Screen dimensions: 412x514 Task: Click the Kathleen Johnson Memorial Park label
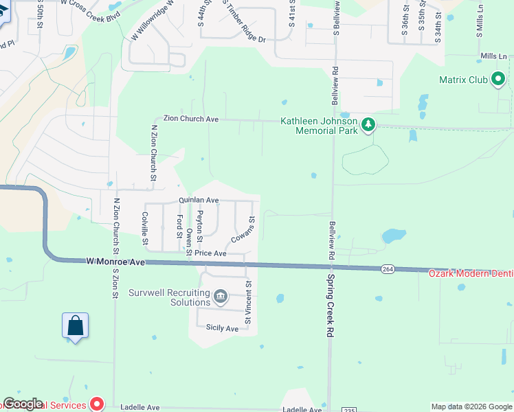[x=319, y=126]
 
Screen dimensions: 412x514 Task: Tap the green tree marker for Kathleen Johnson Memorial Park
[x=369, y=124]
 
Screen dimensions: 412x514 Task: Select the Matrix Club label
[x=463, y=80]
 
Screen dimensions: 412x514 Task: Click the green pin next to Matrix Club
[x=498, y=80]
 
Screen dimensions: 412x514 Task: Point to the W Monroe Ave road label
[x=116, y=262]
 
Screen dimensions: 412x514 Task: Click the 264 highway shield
[x=389, y=269]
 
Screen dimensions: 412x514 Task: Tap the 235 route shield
[x=350, y=409]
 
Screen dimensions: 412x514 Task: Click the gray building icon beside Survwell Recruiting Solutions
[x=221, y=297]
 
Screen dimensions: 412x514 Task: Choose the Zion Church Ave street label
[x=190, y=119]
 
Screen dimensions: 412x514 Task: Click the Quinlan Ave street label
[x=199, y=201]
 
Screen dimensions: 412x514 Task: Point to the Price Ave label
[x=210, y=253]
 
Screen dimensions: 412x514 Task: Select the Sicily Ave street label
[x=222, y=328]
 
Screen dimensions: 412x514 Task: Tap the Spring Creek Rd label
[x=329, y=306]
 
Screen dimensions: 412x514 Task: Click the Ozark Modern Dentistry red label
[x=471, y=273]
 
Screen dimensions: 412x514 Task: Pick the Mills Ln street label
[x=493, y=56]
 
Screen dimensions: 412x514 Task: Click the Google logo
[x=23, y=404]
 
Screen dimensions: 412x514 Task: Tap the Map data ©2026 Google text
[x=471, y=407]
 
